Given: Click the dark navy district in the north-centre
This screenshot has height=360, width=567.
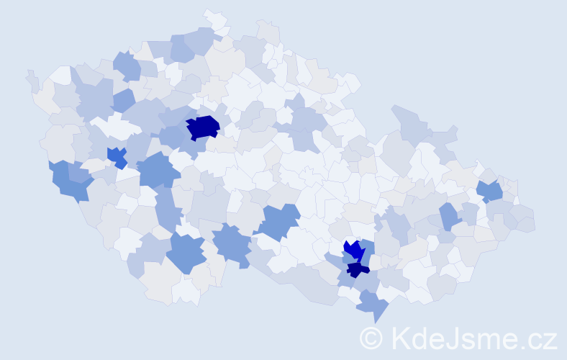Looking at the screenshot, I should [x=203, y=127].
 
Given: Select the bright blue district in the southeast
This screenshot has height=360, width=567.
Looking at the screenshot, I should [x=353, y=250].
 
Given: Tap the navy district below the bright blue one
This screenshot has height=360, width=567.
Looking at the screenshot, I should [x=357, y=270].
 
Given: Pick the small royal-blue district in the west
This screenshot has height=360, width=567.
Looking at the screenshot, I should [x=117, y=156].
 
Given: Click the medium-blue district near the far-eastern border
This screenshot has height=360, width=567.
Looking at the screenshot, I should [x=490, y=191].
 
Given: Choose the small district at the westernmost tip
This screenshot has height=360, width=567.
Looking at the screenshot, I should [x=32, y=79].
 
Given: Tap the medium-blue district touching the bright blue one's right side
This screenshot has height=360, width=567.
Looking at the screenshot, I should [x=368, y=251].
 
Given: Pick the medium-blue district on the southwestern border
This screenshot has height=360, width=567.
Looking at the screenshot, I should [x=69, y=181].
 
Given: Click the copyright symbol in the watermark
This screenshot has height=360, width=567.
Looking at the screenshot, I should [x=371, y=338].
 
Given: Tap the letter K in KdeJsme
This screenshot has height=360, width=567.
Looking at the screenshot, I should [x=399, y=338].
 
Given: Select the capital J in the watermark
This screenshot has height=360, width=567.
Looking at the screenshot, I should [x=450, y=338].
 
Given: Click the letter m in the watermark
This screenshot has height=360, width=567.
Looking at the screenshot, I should [x=485, y=339].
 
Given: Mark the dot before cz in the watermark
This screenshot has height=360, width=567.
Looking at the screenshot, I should [x=523, y=346].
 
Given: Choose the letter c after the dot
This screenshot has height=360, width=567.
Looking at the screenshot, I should [x=535, y=340].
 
